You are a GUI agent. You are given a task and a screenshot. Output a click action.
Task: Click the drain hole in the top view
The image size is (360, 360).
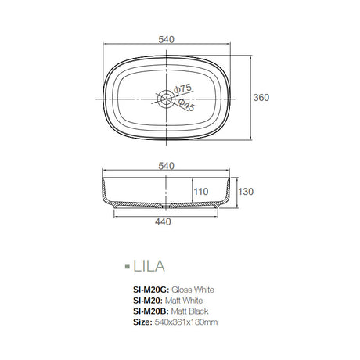tap(166, 99)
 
